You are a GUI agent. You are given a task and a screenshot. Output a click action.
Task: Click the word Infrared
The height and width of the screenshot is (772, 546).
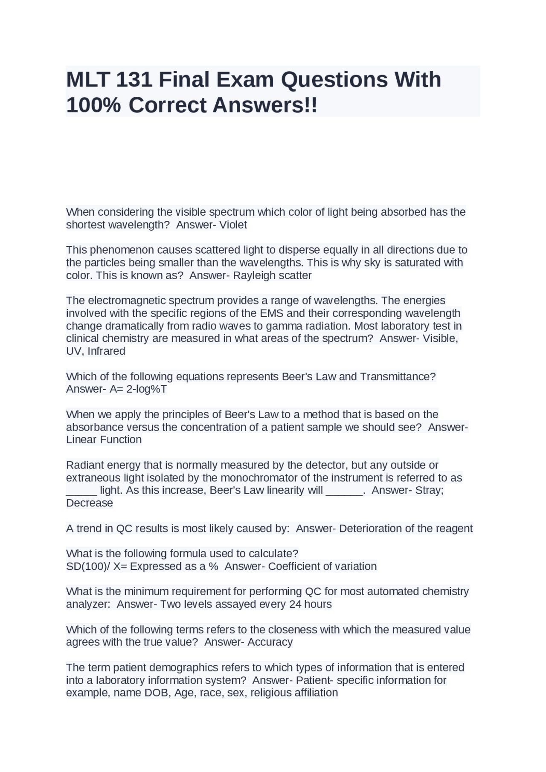coord(106,351)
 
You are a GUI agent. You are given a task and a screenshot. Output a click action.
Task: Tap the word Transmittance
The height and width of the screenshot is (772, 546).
coord(398,377)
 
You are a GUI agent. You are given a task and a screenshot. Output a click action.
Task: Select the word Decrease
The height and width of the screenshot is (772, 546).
coord(90,503)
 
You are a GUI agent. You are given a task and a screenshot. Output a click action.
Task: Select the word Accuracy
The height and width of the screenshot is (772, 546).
coord(270,642)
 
